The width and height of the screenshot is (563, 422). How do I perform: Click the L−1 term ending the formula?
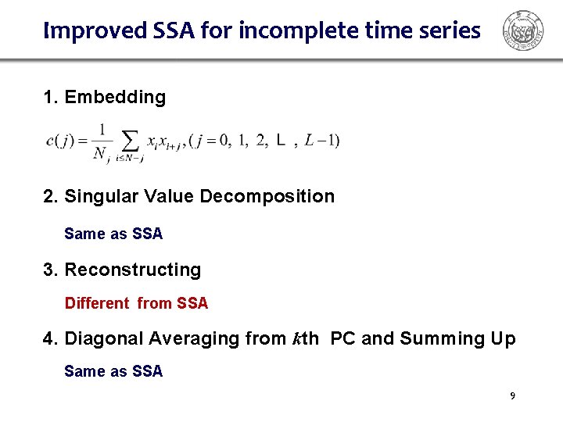click(x=321, y=141)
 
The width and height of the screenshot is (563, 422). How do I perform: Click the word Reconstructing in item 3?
click(x=132, y=270)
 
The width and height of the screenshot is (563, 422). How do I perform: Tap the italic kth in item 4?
click(x=305, y=338)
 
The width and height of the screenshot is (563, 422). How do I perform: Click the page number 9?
click(x=512, y=396)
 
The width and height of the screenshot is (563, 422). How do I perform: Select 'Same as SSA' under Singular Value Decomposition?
click(x=113, y=234)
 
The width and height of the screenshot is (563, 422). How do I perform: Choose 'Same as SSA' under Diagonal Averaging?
click(x=113, y=371)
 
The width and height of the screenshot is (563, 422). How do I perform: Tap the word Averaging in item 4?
click(x=189, y=338)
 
